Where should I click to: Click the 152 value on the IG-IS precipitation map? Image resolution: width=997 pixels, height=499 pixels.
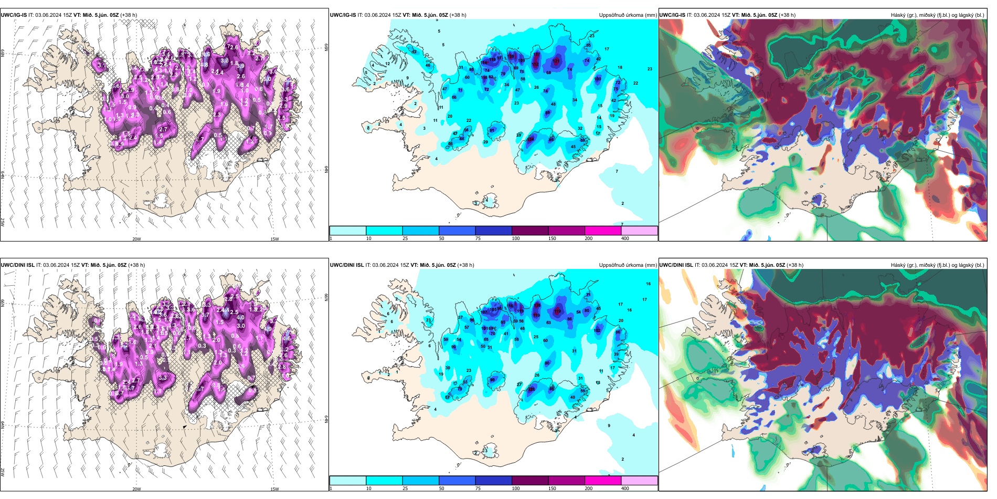[535, 64]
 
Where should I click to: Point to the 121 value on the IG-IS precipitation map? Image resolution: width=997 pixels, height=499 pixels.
[556, 61]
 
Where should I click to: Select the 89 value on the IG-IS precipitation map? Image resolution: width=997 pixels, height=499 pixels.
[548, 113]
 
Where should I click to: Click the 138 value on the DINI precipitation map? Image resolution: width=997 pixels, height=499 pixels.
[537, 305]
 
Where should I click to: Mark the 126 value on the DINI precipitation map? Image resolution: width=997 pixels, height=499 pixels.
[531, 390]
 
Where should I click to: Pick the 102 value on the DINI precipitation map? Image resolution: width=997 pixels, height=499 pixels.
[597, 330]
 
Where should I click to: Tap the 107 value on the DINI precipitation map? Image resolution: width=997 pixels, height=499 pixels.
[484, 312]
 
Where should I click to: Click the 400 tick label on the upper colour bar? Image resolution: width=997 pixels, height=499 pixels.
[625, 238]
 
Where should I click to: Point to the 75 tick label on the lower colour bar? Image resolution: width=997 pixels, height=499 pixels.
[478, 488]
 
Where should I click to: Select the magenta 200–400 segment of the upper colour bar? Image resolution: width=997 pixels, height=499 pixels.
[603, 231]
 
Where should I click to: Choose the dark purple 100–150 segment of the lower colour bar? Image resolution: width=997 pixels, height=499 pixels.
[530, 481]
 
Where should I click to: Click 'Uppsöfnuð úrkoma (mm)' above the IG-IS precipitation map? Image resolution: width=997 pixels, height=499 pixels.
[628, 15]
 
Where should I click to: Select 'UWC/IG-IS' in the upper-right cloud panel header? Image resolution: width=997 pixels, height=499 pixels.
[672, 15]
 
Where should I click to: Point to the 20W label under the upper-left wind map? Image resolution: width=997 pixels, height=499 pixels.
[136, 239]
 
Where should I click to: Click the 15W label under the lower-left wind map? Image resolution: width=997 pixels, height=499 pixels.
[274, 489]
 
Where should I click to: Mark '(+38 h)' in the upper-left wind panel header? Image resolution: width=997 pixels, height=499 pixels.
[129, 15]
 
